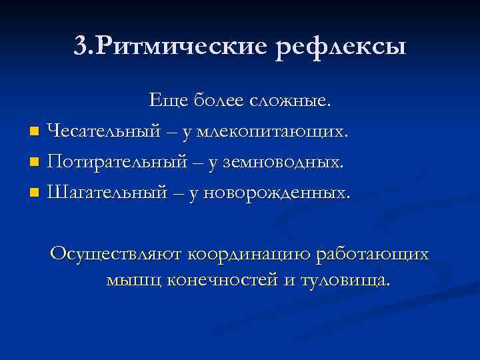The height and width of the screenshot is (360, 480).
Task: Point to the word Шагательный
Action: click(x=107, y=193)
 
